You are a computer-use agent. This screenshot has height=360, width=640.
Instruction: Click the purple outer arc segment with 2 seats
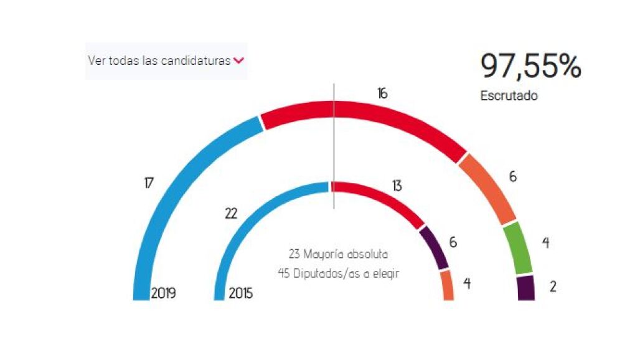click(526, 288)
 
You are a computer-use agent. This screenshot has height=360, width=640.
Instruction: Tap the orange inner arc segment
click(447, 286)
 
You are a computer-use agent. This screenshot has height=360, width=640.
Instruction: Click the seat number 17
click(148, 183)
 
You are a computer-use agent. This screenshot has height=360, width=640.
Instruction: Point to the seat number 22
click(231, 213)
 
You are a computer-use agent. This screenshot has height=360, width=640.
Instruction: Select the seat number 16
click(382, 93)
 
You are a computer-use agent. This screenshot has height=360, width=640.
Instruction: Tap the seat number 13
click(397, 186)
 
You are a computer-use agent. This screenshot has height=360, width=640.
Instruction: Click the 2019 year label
click(164, 293)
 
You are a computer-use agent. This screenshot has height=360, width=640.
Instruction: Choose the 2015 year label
click(242, 293)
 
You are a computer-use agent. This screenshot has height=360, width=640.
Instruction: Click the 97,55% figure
click(530, 67)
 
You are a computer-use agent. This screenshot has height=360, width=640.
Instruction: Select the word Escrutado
click(509, 96)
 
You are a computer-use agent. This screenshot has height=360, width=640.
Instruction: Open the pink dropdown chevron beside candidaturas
click(238, 61)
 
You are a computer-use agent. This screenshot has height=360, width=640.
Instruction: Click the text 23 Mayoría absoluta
click(339, 254)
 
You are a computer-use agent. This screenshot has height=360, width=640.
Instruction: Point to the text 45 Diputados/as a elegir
click(339, 273)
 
